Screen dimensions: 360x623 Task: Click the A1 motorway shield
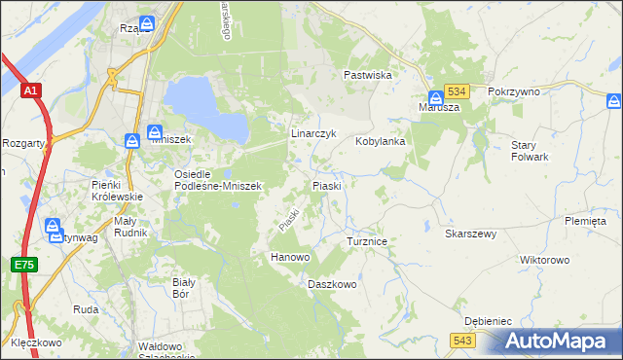[x=30, y=91]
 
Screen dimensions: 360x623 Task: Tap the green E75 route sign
[x=23, y=264]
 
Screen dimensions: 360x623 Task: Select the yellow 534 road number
[x=458, y=90]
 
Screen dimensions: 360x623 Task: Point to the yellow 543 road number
[x=463, y=339]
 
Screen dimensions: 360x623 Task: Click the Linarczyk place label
[x=313, y=132]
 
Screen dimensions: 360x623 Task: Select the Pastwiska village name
[x=367, y=74]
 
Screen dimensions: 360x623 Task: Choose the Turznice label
[x=368, y=240]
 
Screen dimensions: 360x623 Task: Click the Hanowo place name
[x=289, y=257]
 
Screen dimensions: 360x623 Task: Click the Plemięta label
[x=584, y=221]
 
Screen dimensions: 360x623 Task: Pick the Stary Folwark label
[x=531, y=150]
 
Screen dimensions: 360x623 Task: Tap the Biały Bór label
[x=184, y=287]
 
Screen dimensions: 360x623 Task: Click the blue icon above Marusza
[x=435, y=96]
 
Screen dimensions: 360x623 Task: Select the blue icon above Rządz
[x=146, y=21]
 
